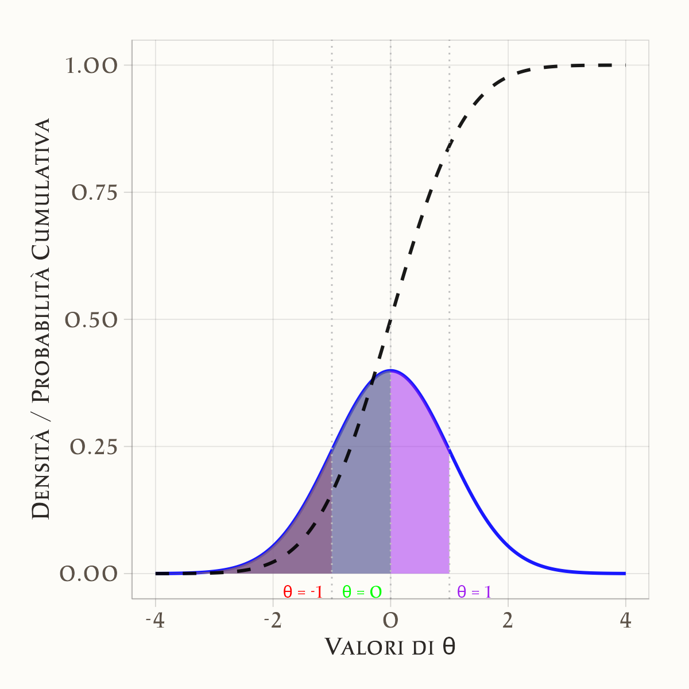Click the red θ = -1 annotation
coord(303,592)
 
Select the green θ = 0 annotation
coord(362,592)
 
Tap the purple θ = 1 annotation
coord(474,592)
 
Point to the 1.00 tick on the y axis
coord(92,65)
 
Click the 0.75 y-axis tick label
coord(94,192)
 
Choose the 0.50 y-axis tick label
coord(92,319)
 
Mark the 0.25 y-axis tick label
coord(94,447)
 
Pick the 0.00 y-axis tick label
coord(89,574)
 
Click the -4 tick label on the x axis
coord(155,621)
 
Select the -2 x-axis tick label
coord(273,621)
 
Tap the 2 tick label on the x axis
coord(508,621)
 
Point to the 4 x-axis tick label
coord(625,621)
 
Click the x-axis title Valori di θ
coord(390,647)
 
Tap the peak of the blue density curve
coord(390,370)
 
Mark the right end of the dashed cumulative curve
coord(625,65)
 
